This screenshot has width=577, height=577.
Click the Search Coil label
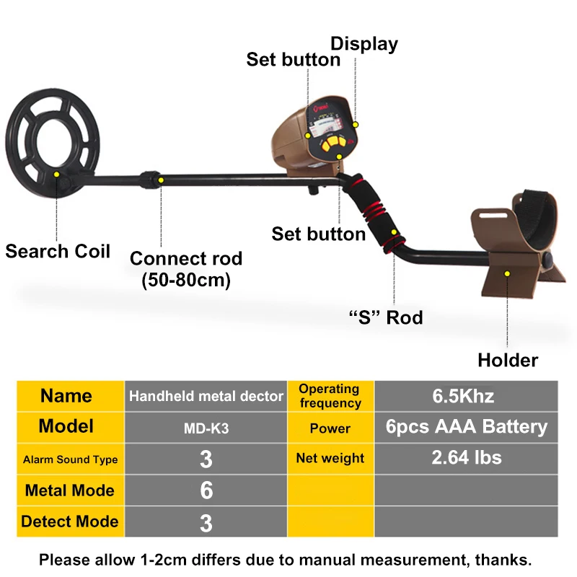coord(58,251)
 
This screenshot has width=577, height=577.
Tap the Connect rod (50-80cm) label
coord(186,269)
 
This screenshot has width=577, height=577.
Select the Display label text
coord(364,44)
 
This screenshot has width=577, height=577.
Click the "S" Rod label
coord(386,317)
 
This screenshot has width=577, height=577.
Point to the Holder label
coord(508,360)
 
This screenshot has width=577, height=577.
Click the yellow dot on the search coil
coord(57,175)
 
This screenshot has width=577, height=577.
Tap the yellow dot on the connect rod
coord(161,180)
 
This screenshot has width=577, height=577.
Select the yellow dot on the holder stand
coord(507,274)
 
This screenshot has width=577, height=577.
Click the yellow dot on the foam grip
coord(394,232)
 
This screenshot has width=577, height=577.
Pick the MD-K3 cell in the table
coord(206,428)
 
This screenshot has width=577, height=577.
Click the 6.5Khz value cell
coord(466,396)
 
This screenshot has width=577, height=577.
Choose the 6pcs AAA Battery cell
coord(466,427)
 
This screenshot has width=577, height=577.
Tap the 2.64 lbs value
coord(467,457)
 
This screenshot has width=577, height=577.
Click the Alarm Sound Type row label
coord(70,459)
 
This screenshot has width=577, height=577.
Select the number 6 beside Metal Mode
coord(206,490)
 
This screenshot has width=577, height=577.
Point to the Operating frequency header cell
coord(330,396)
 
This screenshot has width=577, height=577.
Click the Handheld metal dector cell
coord(206,396)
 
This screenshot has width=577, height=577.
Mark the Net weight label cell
coord(330,459)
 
